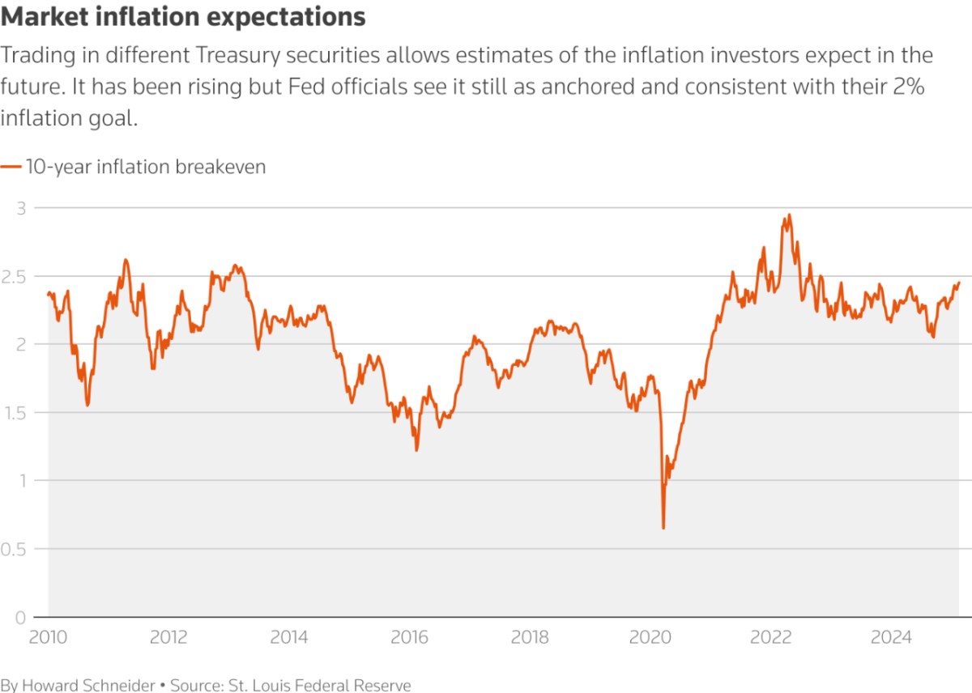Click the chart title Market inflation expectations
[183, 17]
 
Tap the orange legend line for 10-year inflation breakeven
[11, 167]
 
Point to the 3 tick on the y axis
[21, 209]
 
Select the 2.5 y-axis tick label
[14, 277]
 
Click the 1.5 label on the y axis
[15, 413]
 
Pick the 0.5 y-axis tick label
[14, 550]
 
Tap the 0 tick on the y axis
[20, 618]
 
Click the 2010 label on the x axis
[48, 637]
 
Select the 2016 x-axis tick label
[409, 637]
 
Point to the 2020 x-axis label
[650, 637]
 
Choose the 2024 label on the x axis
[891, 637]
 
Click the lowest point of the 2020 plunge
[663, 528]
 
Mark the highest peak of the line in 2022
[789, 215]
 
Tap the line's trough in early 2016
[416, 450]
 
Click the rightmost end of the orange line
[958, 283]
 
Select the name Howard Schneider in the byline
[88, 685]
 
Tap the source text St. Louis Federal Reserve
[319, 685]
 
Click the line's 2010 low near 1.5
[87, 405]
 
